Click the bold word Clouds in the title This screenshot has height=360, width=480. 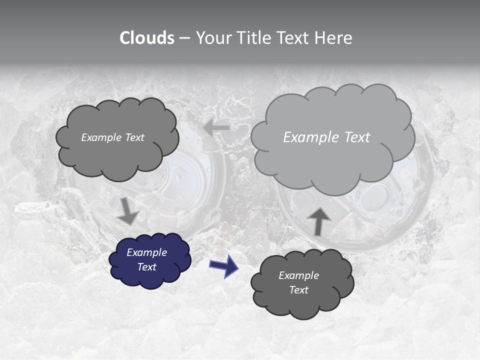147,38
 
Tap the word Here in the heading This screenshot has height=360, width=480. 334,38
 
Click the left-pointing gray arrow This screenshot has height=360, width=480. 216,127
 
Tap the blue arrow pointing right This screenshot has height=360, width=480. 223,265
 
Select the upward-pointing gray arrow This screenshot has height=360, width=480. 319,221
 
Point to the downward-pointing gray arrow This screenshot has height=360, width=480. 127,211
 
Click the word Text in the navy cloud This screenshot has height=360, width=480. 147,267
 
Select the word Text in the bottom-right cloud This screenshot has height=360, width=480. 299,290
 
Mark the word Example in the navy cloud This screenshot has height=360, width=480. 147,252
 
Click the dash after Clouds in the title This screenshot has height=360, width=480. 184,38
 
